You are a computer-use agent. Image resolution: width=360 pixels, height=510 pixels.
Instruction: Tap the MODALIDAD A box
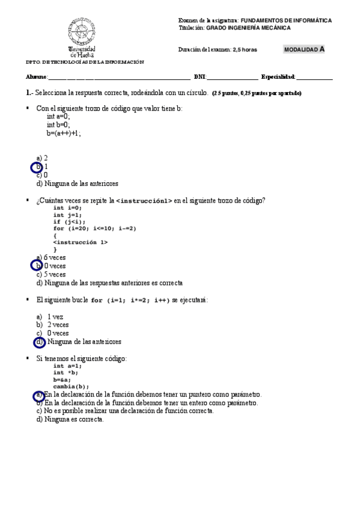(305, 49)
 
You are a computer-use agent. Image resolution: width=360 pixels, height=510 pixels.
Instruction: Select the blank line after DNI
(233, 78)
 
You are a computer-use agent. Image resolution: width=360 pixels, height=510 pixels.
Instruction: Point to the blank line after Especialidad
(314, 78)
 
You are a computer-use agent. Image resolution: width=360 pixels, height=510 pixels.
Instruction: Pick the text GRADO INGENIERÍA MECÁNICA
(249, 28)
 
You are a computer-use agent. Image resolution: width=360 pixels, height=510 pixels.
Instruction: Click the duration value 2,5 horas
(245, 50)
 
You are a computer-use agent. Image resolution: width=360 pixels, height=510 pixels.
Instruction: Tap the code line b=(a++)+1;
(64, 134)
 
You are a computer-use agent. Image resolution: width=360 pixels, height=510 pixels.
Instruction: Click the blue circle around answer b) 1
(37, 167)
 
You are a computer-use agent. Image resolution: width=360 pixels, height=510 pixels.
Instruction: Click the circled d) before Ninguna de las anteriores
(40, 342)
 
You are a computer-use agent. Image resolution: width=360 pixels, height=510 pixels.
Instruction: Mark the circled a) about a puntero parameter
(38, 395)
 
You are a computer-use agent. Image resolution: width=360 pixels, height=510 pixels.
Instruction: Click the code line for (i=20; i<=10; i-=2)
(95, 229)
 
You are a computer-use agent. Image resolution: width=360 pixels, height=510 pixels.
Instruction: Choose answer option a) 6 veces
(51, 257)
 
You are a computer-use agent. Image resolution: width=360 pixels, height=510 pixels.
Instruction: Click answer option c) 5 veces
(51, 274)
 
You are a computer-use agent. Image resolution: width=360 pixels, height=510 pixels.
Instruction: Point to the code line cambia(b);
(71, 387)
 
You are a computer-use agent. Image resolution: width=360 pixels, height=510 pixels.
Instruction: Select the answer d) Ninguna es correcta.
(70, 420)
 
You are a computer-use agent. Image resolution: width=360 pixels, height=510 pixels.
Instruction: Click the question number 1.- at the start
(29, 93)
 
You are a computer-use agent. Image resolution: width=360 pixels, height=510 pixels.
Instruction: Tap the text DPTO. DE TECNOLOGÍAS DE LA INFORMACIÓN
(84, 62)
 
